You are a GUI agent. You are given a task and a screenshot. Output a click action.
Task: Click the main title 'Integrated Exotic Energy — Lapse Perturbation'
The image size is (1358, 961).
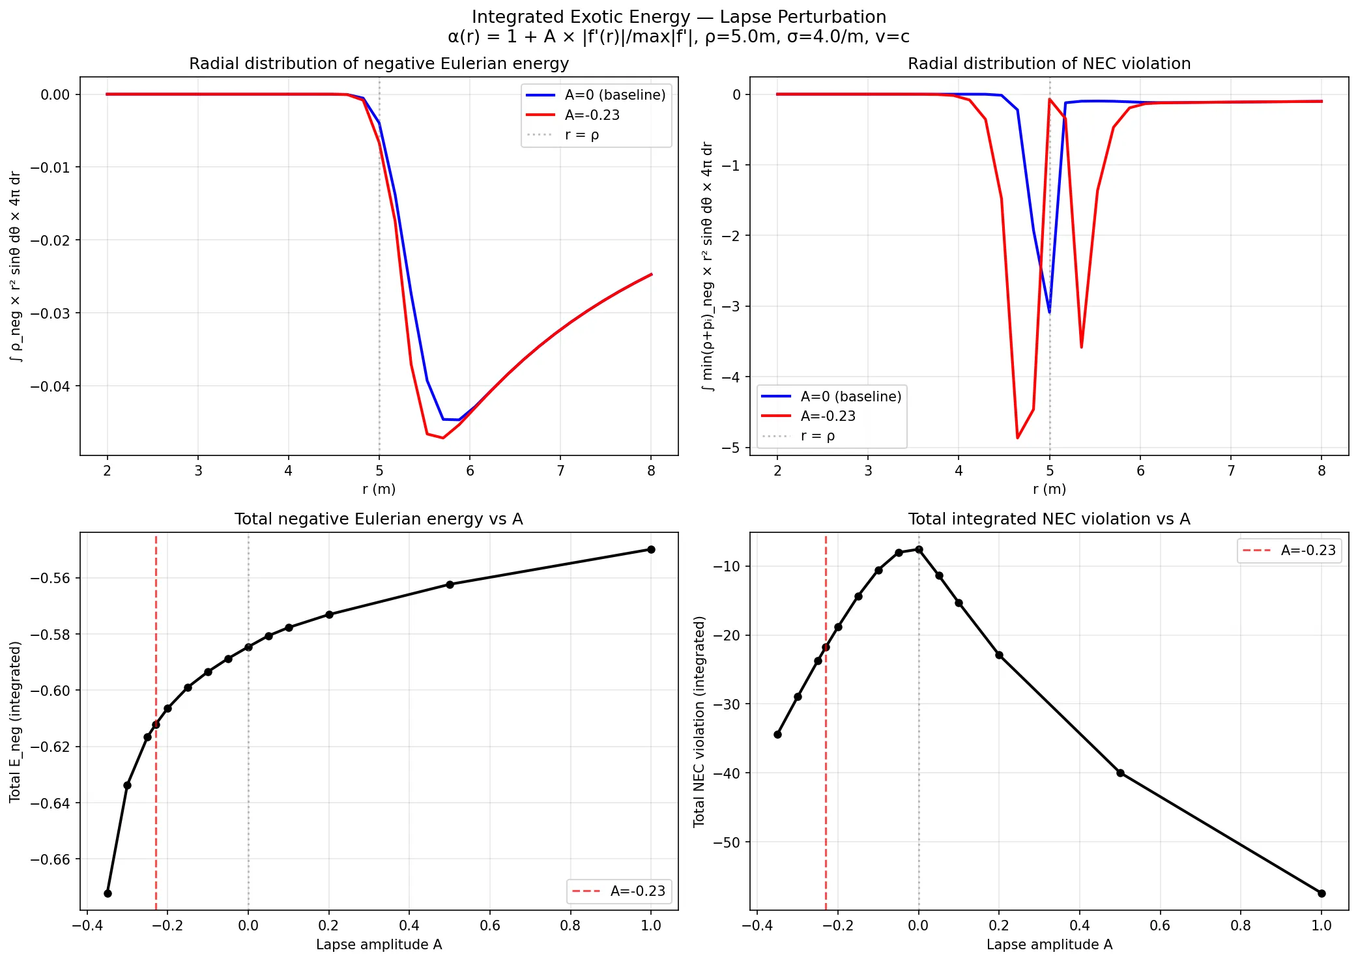tap(678, 17)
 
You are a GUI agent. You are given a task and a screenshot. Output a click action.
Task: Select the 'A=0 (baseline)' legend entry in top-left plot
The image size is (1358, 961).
tap(614, 95)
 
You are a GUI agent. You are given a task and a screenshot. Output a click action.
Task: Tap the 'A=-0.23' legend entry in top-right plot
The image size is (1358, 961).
tap(828, 416)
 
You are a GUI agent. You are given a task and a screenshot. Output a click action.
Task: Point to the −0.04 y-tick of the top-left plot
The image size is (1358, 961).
tap(50, 386)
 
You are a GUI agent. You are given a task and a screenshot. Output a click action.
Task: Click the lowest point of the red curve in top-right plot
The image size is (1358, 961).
tap(1017, 438)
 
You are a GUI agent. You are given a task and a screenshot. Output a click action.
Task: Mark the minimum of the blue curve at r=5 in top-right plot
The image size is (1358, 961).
tap(1049, 312)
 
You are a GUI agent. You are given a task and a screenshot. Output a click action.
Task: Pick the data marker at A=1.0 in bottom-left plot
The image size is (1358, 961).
tap(650, 549)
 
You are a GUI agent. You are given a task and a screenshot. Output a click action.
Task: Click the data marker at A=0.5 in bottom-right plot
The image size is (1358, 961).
tap(1120, 773)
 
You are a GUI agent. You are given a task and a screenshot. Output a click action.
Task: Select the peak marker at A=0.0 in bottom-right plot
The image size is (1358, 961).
tap(919, 549)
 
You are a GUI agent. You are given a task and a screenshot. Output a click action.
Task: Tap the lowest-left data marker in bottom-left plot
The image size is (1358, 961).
tap(108, 893)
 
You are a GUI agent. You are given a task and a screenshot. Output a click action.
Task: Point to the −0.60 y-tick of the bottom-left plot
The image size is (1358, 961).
tap(50, 691)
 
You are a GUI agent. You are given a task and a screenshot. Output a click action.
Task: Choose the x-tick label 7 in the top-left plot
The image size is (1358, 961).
tap(560, 471)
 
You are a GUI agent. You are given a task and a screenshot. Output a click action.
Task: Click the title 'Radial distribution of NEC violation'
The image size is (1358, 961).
tap(1048, 63)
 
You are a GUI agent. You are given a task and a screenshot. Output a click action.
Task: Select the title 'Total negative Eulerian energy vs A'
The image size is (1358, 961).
tap(379, 519)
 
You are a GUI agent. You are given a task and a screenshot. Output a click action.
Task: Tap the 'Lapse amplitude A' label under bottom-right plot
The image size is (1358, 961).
tap(1048, 945)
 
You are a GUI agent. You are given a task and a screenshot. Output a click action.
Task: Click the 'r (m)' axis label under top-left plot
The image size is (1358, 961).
tap(379, 489)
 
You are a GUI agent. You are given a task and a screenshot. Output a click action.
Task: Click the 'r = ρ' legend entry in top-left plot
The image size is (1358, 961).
tap(581, 135)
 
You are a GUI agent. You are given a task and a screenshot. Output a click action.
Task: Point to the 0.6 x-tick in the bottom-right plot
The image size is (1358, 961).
tap(1160, 926)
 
